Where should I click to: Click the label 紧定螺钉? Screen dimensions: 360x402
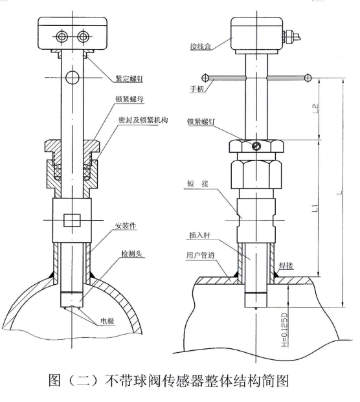point(129,78)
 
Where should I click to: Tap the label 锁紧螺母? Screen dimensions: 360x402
point(129,99)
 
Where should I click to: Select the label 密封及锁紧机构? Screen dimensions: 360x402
point(143,120)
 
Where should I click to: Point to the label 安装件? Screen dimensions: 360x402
point(126,226)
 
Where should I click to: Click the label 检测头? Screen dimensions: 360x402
point(131,254)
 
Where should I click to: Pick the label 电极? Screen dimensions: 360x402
point(107,320)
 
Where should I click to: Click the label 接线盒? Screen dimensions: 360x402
point(201,47)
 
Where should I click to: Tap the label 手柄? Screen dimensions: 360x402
point(197,89)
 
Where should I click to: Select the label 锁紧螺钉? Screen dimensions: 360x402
point(201,122)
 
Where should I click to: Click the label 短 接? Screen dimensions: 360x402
point(197,184)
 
